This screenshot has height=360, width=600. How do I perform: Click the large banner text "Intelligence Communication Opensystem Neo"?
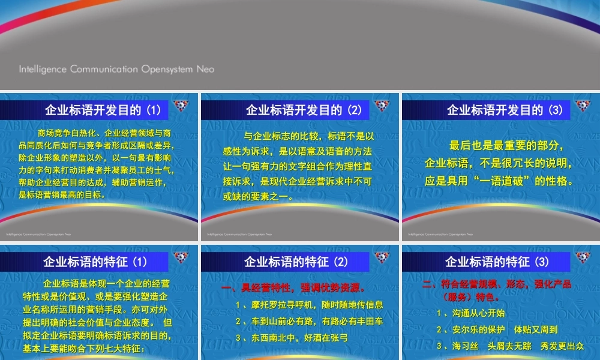116,69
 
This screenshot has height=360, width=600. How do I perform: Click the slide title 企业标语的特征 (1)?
95,262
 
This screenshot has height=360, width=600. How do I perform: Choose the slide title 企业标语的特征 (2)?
296,262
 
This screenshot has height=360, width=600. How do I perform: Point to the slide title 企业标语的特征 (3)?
497,262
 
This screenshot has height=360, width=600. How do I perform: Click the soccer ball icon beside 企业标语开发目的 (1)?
181,106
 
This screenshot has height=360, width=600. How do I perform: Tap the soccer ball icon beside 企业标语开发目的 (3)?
583,106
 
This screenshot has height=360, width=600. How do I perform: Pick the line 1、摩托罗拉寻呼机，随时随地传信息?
309,305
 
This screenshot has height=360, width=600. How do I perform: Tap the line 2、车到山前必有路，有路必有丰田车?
309,322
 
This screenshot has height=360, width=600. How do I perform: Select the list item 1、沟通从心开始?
470,313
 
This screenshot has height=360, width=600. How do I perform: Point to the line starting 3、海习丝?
510,346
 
